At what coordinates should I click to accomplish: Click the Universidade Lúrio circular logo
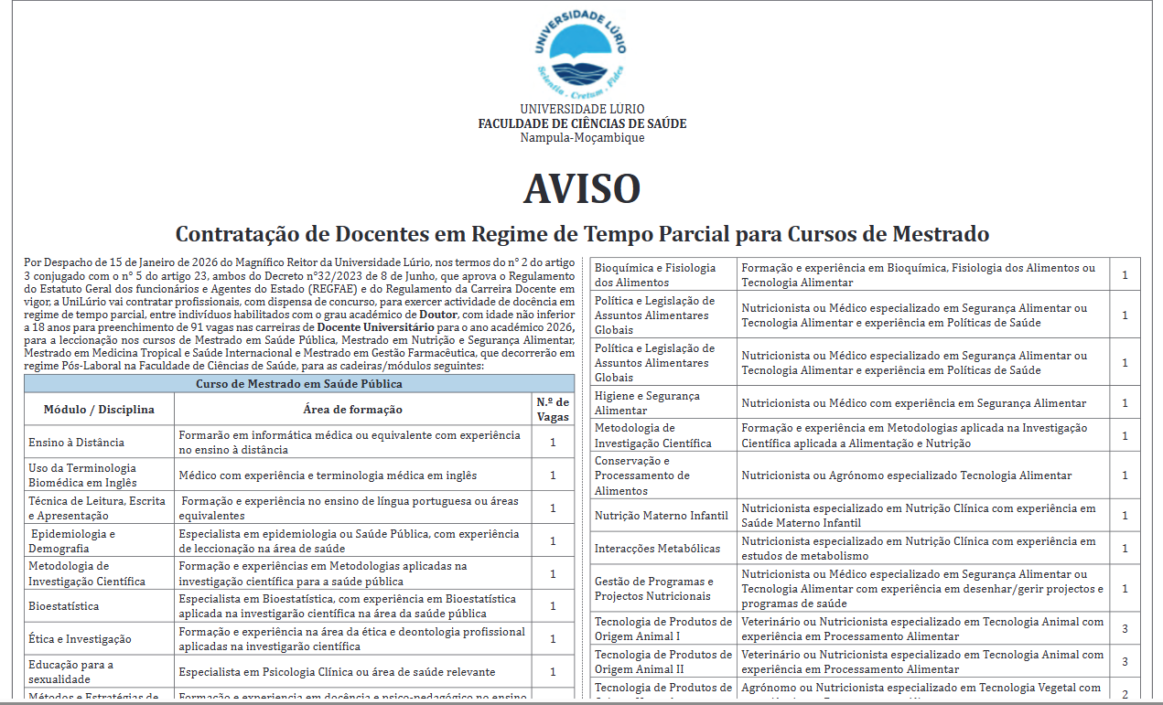coord(581,52)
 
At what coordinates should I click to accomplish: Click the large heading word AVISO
coord(581,187)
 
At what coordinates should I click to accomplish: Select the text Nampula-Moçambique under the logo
coord(582,138)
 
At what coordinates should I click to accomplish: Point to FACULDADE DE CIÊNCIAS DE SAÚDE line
coord(582,123)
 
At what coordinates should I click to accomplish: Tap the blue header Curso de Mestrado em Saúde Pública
coord(299,384)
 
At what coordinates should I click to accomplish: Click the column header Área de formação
coord(352,409)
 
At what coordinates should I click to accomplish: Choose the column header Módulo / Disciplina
coord(99,409)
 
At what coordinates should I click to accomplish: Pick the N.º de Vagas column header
coord(553,409)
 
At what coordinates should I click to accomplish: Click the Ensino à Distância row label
coord(76,442)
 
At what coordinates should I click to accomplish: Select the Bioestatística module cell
coord(64,606)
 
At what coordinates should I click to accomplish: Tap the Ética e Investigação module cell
coord(80,639)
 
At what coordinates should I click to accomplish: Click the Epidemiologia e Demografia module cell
coord(73,540)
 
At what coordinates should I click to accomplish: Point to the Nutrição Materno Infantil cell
coord(661,516)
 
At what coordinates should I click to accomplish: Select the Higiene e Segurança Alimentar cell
coord(647,403)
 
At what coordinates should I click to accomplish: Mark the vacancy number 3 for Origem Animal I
coord(1125,629)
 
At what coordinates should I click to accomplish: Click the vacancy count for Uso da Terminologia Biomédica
coord(553,475)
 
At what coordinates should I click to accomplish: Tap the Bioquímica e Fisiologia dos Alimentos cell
coord(655,275)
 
